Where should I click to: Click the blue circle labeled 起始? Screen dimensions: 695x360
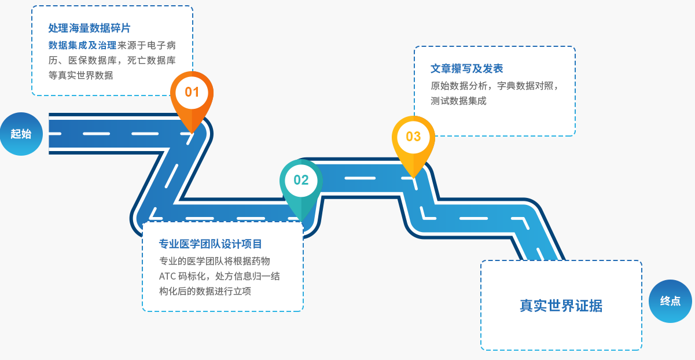pyautogui.click(x=21, y=134)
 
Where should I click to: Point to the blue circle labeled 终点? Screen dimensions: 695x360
pyautogui.click(x=670, y=301)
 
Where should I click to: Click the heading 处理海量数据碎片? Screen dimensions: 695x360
pyautogui.click(x=89, y=28)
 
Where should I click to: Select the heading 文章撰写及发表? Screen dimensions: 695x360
pyautogui.click(x=466, y=69)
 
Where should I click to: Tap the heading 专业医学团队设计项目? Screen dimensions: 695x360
pyautogui.click(x=211, y=244)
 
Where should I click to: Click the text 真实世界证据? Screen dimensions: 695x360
pyautogui.click(x=561, y=306)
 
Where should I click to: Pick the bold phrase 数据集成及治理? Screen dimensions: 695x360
pyautogui.click(x=82, y=45)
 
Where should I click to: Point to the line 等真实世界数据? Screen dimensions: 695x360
pyautogui.click(x=80, y=75)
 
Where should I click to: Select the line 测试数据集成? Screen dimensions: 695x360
pyautogui.click(x=458, y=101)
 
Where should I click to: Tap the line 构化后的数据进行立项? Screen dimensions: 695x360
pyautogui.click(x=205, y=291)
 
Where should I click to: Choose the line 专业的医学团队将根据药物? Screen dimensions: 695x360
pyautogui.click(x=214, y=261)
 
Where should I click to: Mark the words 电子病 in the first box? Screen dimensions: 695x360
pyautogui.click(x=161, y=45)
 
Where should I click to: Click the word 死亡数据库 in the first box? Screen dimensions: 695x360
pyautogui.click(x=152, y=60)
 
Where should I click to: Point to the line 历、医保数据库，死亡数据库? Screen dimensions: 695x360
pyautogui.click(x=112, y=60)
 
